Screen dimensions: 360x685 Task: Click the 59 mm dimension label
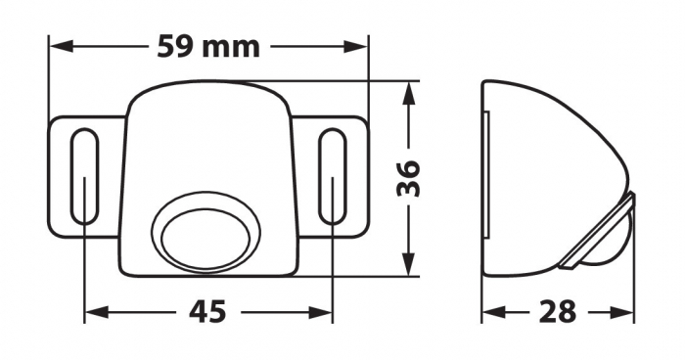[207, 46]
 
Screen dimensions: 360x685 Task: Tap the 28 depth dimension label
[559, 312]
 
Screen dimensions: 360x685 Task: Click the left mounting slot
[84, 178]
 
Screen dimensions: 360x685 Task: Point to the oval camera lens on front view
[205, 237]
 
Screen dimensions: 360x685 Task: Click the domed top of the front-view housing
[207, 108]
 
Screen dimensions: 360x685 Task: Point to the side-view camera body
[543, 166]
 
